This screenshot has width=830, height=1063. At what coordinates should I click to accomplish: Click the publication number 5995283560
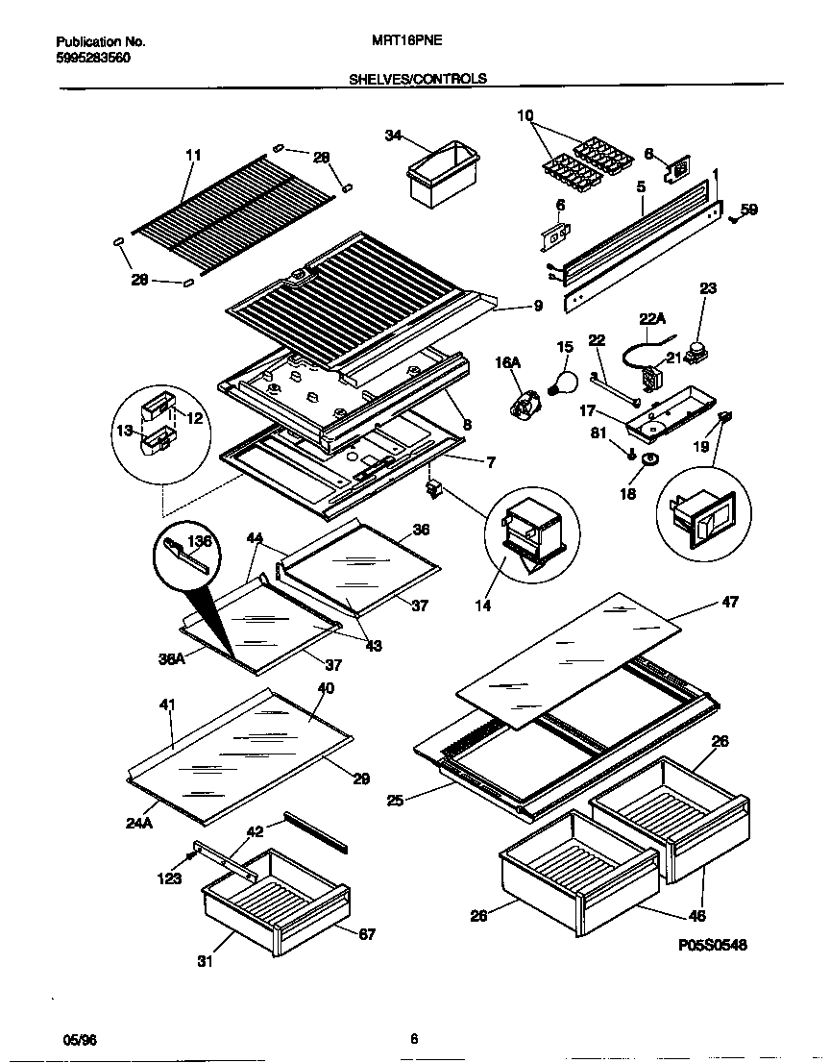pos(93,58)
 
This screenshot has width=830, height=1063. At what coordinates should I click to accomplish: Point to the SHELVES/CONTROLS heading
pos(417,79)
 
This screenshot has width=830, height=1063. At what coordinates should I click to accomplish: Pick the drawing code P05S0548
pos(712,945)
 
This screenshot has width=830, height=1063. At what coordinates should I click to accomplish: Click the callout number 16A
pos(507,362)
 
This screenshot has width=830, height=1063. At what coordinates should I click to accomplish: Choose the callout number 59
pos(748,210)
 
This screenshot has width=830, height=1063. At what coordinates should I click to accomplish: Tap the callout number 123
pos(171,877)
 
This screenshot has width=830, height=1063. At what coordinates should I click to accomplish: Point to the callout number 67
pos(366,933)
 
